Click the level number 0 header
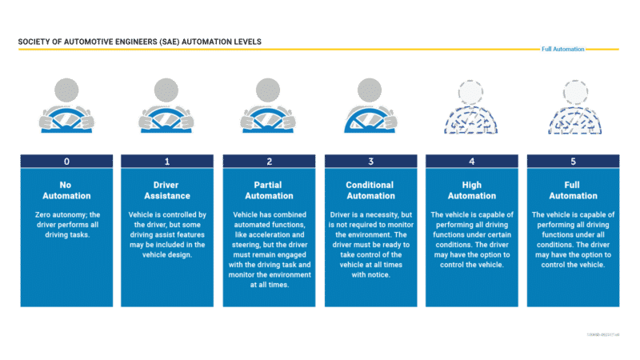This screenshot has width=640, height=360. [66, 162]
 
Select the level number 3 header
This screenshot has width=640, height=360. [370, 162]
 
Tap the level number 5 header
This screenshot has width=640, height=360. [573, 162]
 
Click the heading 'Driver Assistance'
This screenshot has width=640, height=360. [167, 190]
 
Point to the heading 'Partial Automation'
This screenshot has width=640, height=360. [269, 190]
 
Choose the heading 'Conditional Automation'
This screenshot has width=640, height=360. [370, 190]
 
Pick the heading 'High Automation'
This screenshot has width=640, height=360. [471, 190]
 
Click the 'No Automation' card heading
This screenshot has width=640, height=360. [66, 190]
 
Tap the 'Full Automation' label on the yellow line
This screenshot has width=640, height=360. [563, 49]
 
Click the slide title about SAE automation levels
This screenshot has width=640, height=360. [139, 42]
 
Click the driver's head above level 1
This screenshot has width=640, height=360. [167, 89]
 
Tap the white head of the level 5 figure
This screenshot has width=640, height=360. [573, 90]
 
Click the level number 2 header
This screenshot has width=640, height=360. [269, 162]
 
